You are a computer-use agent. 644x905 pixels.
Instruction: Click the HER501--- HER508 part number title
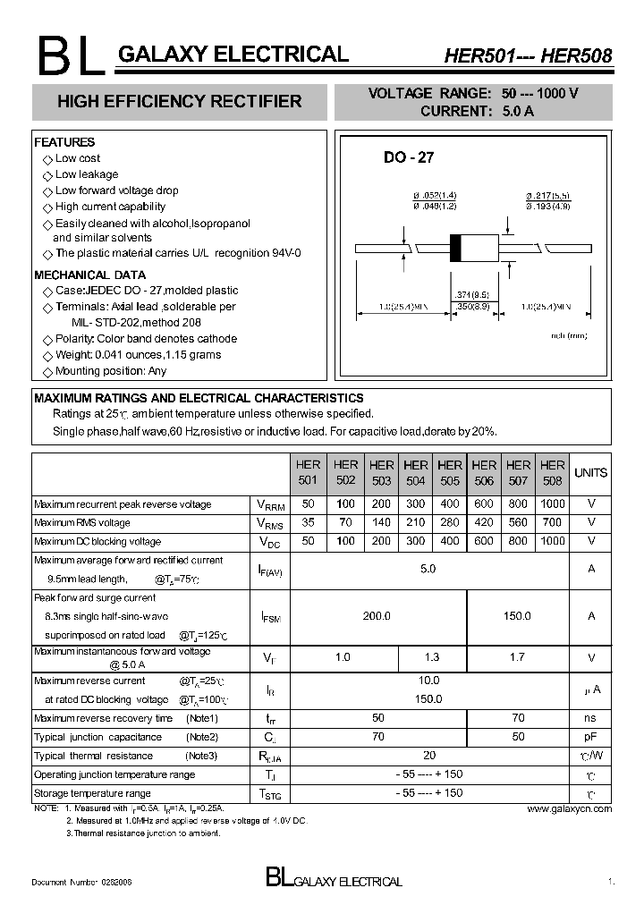point(528,56)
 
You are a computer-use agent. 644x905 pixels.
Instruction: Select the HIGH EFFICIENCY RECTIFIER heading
point(180,102)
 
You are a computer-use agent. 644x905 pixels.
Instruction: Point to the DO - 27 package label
point(409,157)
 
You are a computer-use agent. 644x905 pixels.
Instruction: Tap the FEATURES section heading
point(64,142)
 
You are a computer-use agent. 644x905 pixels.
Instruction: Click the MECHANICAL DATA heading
point(89,275)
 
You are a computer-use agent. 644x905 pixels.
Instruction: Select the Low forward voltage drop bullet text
point(116,190)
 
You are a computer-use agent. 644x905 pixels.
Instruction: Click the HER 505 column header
point(450,472)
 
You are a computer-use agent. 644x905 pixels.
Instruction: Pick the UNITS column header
point(590,472)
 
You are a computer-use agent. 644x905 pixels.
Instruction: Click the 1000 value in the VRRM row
point(553,504)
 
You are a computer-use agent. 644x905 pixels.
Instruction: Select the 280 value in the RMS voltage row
point(450,523)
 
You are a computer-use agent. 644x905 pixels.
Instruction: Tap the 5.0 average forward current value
point(428,569)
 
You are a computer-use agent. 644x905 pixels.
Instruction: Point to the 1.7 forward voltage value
point(517,658)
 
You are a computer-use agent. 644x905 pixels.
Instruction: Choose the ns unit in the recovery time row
point(590,718)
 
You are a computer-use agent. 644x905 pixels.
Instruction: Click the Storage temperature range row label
point(92,793)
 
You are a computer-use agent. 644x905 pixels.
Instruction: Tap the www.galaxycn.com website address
point(570,808)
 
